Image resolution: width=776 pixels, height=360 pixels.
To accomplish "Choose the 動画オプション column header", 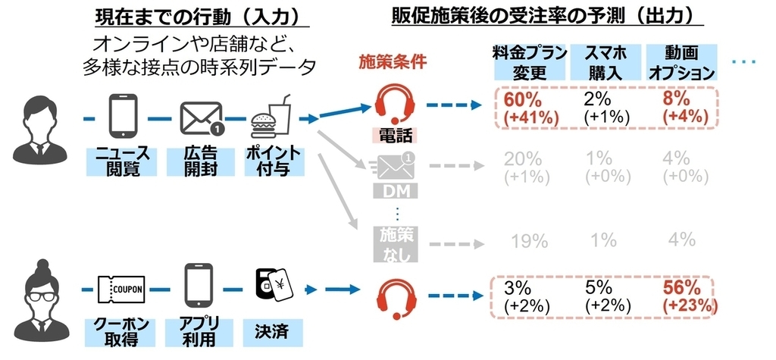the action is pos(680,63).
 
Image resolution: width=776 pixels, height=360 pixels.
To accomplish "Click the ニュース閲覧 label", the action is pos(121,161).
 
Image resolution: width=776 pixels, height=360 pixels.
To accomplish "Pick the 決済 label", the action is pos(270,331).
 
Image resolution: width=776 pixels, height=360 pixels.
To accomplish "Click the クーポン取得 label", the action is pos(121,331).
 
